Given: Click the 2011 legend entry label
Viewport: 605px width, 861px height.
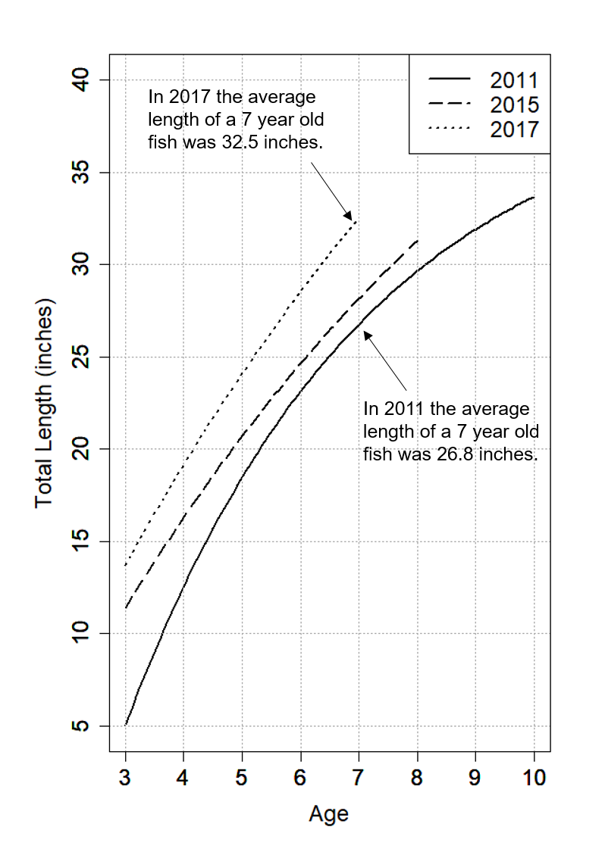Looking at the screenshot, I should click(x=514, y=80).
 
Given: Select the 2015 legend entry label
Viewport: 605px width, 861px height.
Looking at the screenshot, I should click(x=514, y=105).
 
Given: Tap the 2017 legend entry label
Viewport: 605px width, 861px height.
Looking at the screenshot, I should click(x=514, y=129).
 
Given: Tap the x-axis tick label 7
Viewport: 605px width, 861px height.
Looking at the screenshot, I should click(x=359, y=778).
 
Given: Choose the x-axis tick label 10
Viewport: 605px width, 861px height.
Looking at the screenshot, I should click(x=534, y=778).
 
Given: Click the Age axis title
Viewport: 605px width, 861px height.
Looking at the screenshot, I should click(x=329, y=814).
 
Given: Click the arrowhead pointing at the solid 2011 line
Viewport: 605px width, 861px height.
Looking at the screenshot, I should click(x=367, y=334).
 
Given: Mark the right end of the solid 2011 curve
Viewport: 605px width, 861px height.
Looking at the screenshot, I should click(x=534, y=197).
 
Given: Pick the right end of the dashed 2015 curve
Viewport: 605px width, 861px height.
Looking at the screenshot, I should click(x=418, y=240).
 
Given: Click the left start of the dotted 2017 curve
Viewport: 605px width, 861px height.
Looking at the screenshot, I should click(x=126, y=565).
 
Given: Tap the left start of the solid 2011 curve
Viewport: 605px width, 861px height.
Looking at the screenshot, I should click(x=126, y=725).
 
